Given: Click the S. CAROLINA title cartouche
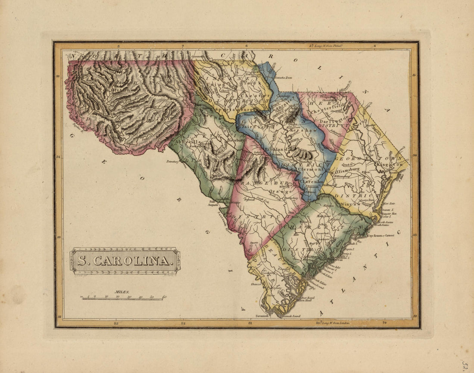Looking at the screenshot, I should [125, 261].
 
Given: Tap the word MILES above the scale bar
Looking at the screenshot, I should [121, 292].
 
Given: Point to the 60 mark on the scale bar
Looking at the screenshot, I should [165, 297].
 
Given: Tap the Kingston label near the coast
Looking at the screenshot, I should [391, 165].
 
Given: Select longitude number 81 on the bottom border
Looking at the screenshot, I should [249, 323].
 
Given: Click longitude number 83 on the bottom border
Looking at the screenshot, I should [115, 323].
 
